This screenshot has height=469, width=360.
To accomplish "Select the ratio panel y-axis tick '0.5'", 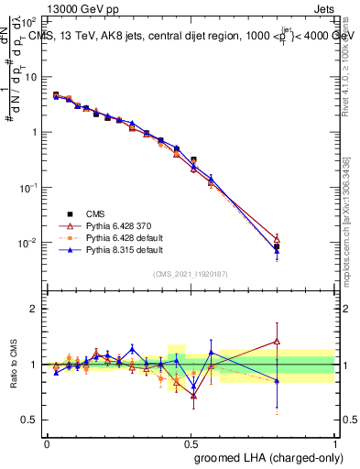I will click(x=27, y=420).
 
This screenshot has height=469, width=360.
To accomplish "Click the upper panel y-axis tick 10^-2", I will click(x=27, y=243).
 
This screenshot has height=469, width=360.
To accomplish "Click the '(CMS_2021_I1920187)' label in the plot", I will click(x=191, y=274).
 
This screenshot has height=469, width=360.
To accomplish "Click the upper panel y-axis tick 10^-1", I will click(x=27, y=187).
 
